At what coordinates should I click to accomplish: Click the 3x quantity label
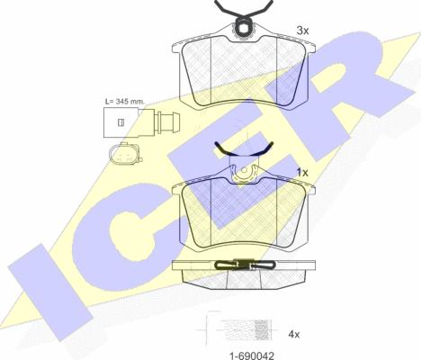click(302, 31)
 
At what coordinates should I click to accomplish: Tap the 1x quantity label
click(302, 173)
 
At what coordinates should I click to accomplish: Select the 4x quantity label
click(294, 334)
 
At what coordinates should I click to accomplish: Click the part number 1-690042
click(252, 355)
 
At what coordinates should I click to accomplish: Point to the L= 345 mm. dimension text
click(125, 102)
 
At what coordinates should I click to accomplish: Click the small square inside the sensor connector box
click(121, 122)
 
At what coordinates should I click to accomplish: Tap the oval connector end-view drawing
click(125, 154)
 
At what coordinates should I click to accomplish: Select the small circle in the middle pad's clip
click(244, 170)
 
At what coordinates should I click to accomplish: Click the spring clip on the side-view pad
click(245, 265)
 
